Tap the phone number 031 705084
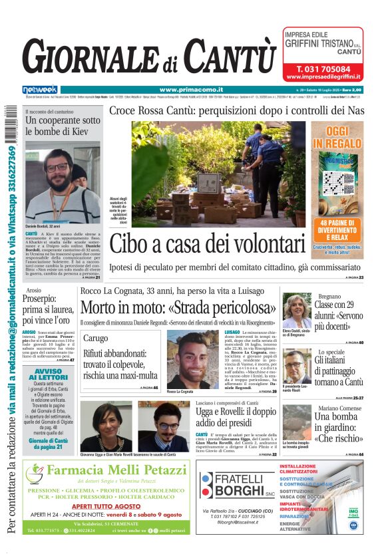[323, 69]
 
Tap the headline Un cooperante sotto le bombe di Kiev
[63, 126]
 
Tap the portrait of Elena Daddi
[296, 310]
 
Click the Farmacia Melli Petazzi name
[117, 471]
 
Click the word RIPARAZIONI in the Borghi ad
[299, 516]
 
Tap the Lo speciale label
[331, 351]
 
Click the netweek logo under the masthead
[40, 90]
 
